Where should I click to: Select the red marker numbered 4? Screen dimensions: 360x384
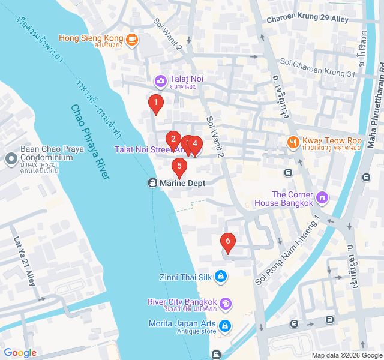click(195, 145)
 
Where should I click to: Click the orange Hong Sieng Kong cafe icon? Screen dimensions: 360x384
click(132, 40)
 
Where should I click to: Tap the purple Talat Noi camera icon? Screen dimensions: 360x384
click(160, 80)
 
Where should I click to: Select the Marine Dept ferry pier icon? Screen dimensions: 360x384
click(152, 183)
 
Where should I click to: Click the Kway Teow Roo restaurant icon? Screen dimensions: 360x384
click(292, 142)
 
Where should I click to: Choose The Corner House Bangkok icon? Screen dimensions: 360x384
click(322, 197)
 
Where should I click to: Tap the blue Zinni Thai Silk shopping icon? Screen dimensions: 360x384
click(221, 276)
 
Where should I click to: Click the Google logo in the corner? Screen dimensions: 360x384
click(20, 353)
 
